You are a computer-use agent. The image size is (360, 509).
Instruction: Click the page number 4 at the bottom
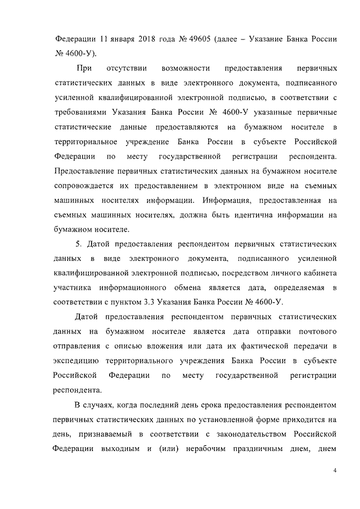334,470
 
